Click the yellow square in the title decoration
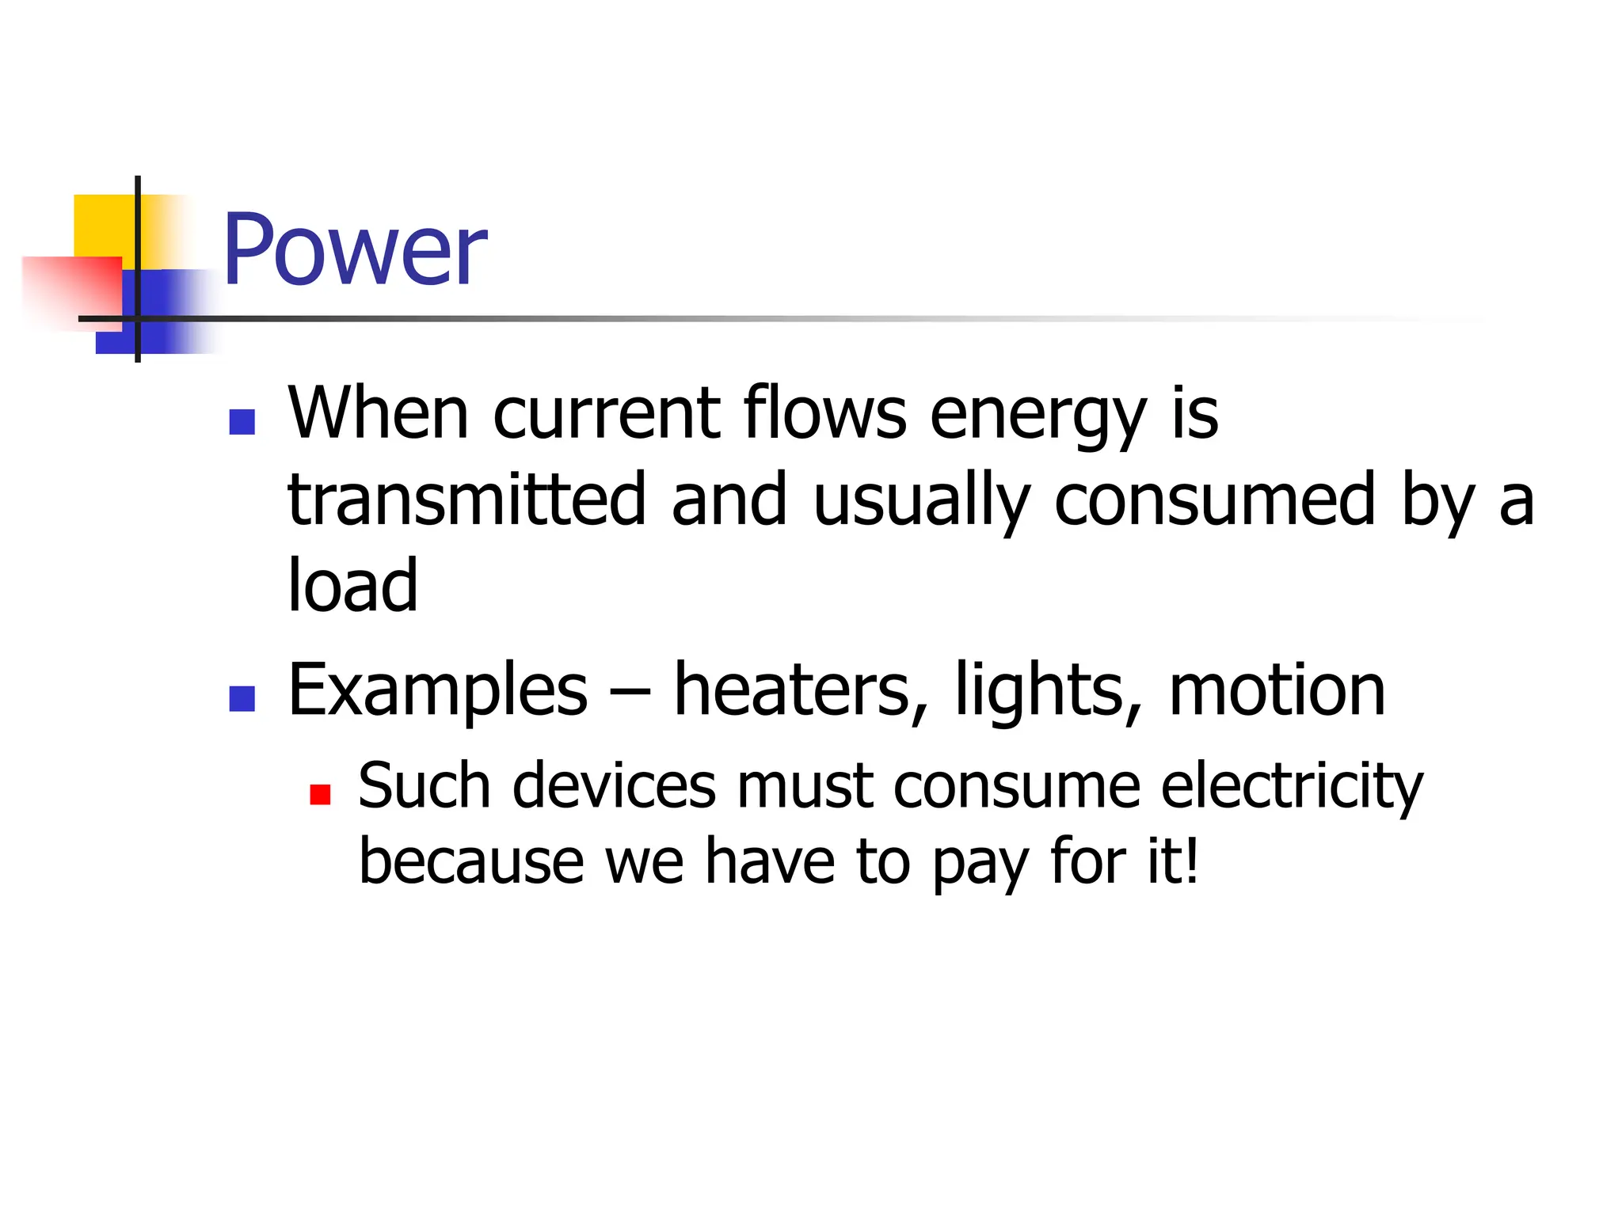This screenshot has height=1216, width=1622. coord(103,225)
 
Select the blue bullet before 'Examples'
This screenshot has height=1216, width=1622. coord(242,698)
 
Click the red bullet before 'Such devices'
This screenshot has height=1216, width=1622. coord(320,794)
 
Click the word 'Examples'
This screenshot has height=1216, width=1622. coord(437,690)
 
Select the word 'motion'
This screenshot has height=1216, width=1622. coord(1276,690)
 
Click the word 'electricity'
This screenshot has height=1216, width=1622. coord(1291,787)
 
